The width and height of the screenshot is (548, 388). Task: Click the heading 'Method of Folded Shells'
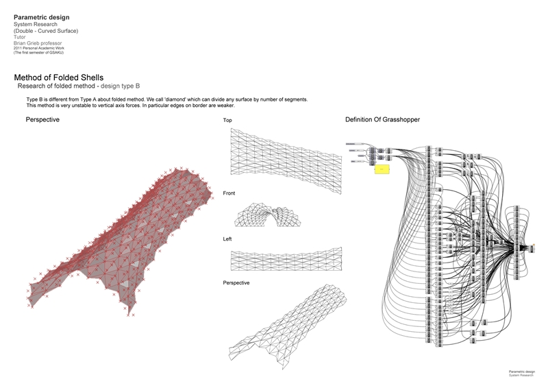coord(58,78)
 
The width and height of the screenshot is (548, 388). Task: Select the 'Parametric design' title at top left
coord(40,16)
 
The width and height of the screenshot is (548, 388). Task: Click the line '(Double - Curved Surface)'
coord(46,31)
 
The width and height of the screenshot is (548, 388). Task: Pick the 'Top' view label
coord(227,121)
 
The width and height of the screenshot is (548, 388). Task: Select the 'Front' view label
coord(229,194)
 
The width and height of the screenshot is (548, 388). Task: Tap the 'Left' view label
coord(227,239)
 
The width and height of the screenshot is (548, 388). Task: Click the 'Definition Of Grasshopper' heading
coord(382,120)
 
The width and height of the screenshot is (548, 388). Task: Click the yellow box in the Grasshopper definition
coord(382,169)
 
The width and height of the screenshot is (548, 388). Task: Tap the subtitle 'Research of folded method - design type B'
coord(80,87)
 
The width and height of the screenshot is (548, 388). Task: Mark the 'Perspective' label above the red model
coord(42,120)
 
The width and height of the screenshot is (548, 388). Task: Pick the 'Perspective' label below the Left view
coord(236,282)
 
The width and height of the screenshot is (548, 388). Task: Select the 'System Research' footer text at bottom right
coord(520,375)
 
